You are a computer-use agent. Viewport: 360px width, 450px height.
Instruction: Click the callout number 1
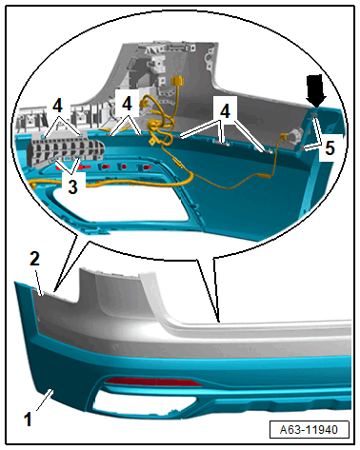pos(28,420)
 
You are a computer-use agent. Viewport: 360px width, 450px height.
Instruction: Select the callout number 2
pos(34,259)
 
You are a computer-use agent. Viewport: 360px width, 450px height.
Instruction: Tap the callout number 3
pos(72,186)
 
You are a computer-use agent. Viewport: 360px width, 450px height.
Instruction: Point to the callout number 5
pos(330,148)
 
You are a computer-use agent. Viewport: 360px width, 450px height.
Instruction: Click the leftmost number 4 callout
pos(57,106)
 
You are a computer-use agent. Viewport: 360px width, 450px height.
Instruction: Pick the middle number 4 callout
pos(127,104)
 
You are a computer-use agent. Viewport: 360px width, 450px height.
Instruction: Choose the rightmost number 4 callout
pos(225,111)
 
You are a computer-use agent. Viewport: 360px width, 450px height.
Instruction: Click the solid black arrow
pos(316,90)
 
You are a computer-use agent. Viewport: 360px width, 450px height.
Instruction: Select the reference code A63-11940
pos(309,430)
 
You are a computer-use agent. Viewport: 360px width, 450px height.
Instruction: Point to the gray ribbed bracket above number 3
pos(66,150)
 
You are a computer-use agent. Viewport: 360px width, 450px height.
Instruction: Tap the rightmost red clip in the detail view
pos(146,166)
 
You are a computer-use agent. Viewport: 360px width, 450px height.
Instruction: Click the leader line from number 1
pos(45,401)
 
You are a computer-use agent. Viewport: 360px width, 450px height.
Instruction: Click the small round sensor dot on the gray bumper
pos(115,345)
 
